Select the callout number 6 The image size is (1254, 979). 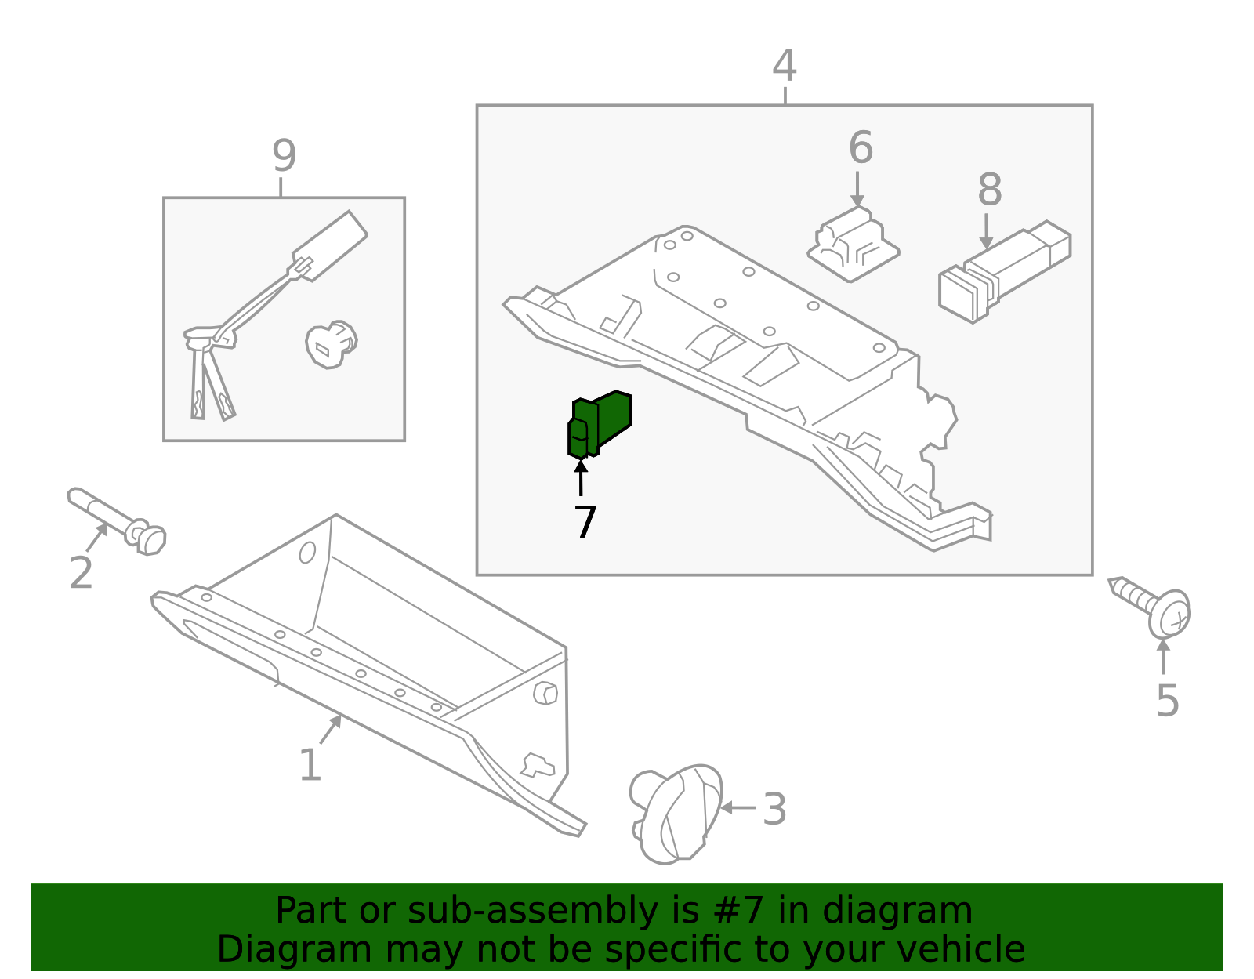(860, 147)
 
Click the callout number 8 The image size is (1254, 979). (989, 190)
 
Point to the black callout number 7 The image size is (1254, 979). (585, 522)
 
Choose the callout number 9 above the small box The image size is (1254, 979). (284, 155)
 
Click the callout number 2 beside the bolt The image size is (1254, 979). (81, 573)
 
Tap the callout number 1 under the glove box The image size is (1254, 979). (310, 765)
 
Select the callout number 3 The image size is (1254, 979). (774, 809)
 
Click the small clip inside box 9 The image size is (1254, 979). (331, 344)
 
